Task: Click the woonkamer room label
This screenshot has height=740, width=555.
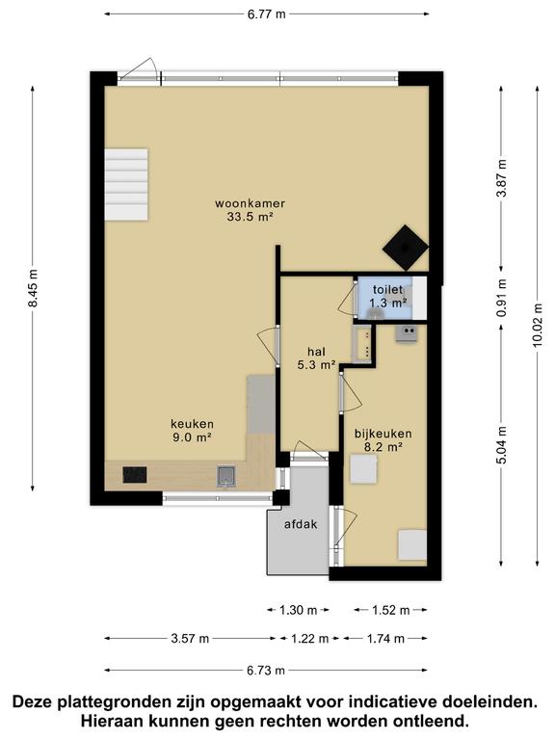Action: [250, 204]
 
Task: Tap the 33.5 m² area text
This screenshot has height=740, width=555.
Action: [251, 217]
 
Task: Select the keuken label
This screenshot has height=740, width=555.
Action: [192, 424]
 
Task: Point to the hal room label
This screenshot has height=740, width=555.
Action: [316, 352]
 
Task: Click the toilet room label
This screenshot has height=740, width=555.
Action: [388, 289]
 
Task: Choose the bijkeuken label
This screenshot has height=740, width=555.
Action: [383, 434]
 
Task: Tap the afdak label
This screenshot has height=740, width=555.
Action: [301, 524]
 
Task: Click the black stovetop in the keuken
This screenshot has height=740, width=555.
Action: [135, 475]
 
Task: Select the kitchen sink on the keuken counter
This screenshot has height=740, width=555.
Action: [226, 476]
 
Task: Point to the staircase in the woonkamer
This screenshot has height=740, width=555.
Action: [126, 185]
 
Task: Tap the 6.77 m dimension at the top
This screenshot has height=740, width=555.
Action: [267, 13]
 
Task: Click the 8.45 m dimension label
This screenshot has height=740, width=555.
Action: [33, 288]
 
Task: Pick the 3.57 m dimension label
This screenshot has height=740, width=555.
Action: [190, 639]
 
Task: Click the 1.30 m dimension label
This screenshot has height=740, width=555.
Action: [299, 610]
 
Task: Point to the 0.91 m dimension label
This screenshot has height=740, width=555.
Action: [502, 299]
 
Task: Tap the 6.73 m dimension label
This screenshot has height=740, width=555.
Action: [266, 671]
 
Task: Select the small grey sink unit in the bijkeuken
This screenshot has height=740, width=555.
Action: [406, 334]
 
